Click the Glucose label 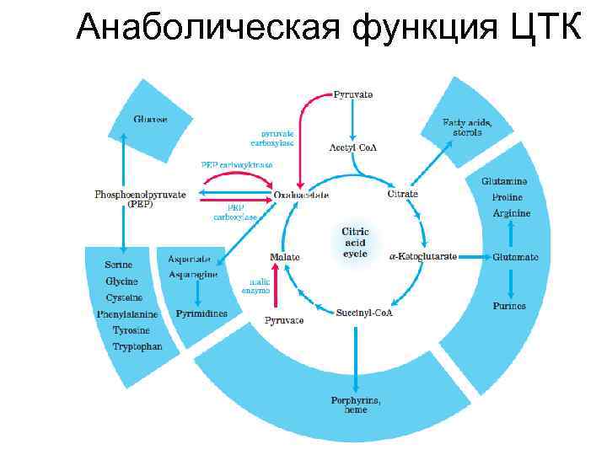click(x=150, y=120)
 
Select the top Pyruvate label click(x=353, y=94)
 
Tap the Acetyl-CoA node click(x=352, y=147)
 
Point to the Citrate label click(x=402, y=195)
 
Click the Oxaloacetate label click(x=301, y=195)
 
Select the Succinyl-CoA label click(x=364, y=313)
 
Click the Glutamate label click(x=515, y=256)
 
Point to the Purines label click(x=509, y=306)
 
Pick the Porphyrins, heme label click(x=355, y=404)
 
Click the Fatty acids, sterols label click(x=467, y=127)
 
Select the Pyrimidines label click(x=201, y=313)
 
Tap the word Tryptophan click(x=137, y=346)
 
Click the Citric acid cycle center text click(x=355, y=242)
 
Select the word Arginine click(x=512, y=213)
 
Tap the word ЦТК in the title click(x=545, y=29)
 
